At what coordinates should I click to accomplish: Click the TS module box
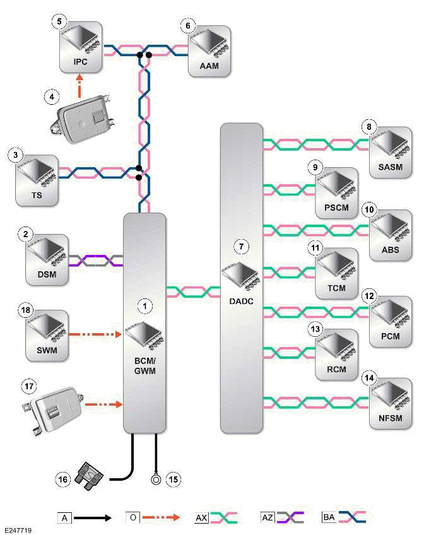pos(37,179)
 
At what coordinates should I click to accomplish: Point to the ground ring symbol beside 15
pos(156,479)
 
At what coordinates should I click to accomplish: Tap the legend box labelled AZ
pos(268,517)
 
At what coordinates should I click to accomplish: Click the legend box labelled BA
pos(329,517)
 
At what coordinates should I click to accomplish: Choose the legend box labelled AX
pos(202,517)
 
